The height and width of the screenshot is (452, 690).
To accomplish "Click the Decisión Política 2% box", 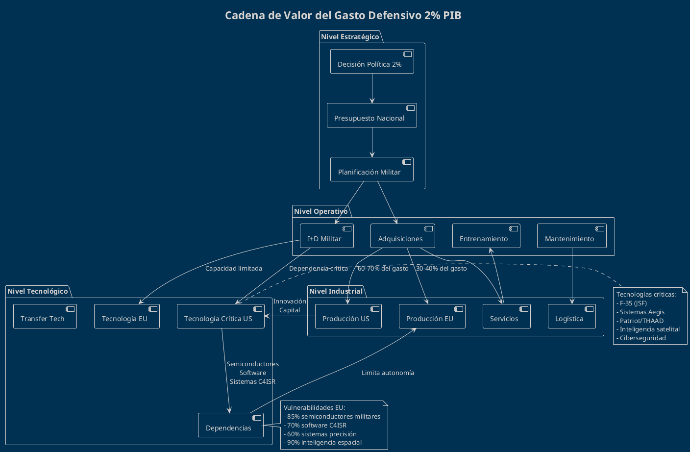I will point(372,62).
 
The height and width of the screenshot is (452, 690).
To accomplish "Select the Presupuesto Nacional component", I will point(372,116).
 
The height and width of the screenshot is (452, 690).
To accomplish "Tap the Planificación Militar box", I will point(372,170).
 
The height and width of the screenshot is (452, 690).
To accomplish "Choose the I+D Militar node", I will point(326,236).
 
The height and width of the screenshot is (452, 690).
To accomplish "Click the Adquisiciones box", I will point(402,236).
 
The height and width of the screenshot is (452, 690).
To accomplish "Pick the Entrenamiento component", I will point(486,236).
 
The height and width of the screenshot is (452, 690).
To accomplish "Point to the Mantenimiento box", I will point(571,236).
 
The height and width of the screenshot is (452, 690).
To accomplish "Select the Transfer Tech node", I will point(45,316).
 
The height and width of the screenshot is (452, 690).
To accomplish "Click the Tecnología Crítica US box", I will point(221,316).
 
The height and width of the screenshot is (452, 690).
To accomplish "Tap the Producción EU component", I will point(432,316).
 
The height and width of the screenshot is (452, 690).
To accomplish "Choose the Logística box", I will point(571,316).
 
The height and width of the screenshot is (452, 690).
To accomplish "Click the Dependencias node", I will point(230,425).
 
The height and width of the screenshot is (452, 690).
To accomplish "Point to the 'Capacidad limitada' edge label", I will point(234,269).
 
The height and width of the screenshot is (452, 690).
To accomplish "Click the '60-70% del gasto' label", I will point(383,269).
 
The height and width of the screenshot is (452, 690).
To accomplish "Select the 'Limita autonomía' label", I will point(388,373).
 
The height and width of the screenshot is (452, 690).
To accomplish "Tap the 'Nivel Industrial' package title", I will point(336,291).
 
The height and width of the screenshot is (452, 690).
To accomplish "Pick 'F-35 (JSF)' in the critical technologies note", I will point(633,303).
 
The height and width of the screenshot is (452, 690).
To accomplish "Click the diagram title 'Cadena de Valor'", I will point(343,16).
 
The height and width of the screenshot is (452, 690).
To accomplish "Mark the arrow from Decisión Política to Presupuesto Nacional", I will point(372,88).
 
